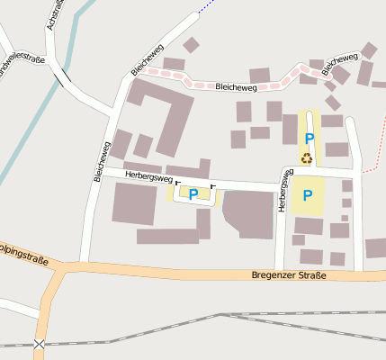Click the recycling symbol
coord(307,157)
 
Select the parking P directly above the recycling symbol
coord(309,139)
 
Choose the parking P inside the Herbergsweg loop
coord(193,193)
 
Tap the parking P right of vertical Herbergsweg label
coord(307,194)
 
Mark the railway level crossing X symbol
coord(39,344)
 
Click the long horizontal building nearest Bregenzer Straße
coord(167,236)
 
